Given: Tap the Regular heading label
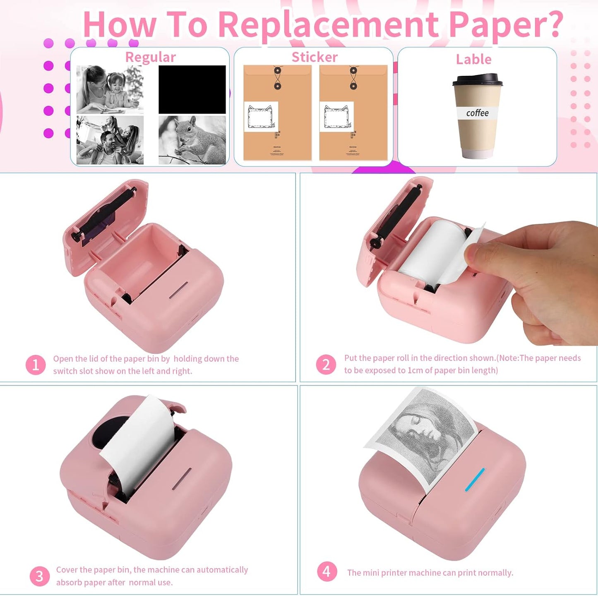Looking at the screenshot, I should (x=150, y=57).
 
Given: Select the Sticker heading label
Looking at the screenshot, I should (x=315, y=57).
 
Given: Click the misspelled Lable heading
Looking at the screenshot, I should (x=473, y=59).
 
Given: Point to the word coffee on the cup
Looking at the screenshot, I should (x=477, y=113).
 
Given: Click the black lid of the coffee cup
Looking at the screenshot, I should (x=477, y=80).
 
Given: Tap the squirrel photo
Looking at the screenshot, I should (x=192, y=140).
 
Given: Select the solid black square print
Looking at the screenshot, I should (x=192, y=89).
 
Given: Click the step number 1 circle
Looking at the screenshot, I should (x=36, y=365).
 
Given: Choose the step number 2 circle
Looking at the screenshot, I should (x=326, y=365).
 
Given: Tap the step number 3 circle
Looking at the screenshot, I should (x=39, y=576).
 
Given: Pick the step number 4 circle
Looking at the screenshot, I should (x=327, y=572).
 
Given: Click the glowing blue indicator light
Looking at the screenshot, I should (x=475, y=480).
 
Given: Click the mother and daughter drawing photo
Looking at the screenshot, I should (x=110, y=89).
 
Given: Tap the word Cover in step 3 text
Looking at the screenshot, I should (x=66, y=570).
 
